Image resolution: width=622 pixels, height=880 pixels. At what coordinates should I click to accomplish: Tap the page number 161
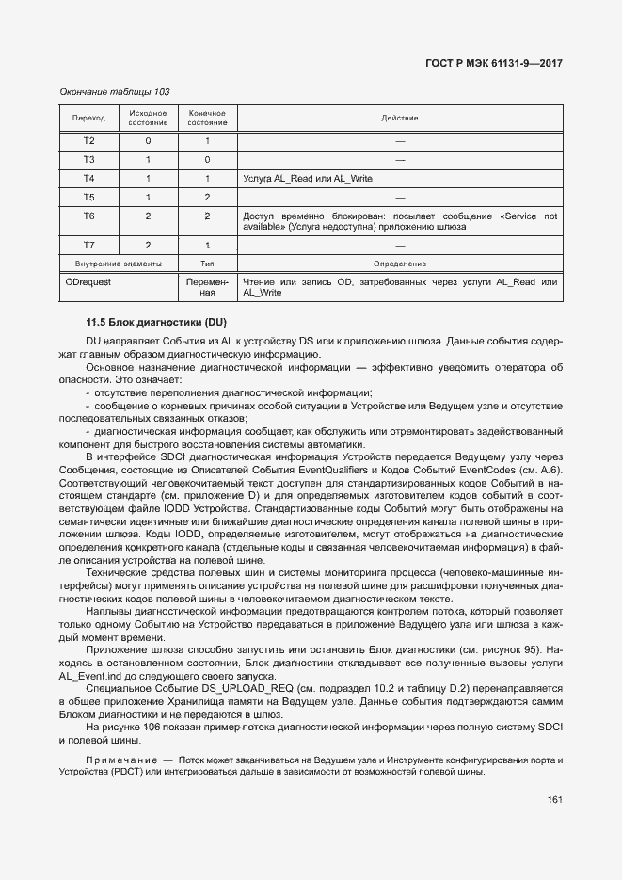click(553, 800)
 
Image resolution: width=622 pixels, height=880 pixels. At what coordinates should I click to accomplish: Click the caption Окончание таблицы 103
click(114, 91)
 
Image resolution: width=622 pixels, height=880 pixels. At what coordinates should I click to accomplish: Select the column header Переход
click(88, 119)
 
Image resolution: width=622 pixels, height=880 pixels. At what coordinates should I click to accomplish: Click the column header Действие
click(399, 119)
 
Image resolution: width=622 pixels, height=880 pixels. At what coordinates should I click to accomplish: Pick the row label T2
click(88, 141)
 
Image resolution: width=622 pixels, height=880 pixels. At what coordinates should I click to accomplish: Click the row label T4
click(88, 178)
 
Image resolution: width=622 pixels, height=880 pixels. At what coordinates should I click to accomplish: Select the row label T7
click(88, 246)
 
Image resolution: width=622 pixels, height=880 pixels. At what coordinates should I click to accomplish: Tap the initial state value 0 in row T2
click(148, 141)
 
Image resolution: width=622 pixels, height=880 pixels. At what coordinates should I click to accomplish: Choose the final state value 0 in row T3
click(207, 159)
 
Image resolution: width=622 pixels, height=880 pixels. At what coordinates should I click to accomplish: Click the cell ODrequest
click(88, 281)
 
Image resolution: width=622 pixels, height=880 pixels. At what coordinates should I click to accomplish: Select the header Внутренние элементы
click(119, 264)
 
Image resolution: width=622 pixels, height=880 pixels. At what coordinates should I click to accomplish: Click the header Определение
click(399, 264)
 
